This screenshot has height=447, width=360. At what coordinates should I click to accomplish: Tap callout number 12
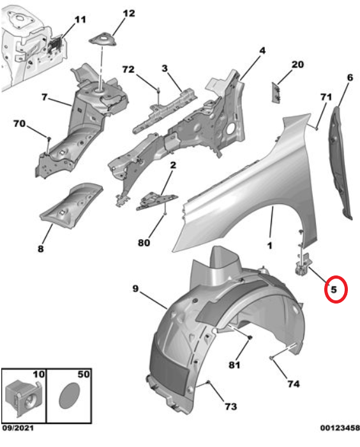coord(129,13)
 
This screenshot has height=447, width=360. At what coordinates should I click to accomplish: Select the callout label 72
coord(128,70)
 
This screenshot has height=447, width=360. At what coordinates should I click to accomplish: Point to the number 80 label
coord(144,242)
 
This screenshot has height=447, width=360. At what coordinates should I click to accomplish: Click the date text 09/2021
coord(18,428)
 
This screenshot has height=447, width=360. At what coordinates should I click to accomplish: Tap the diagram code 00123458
coord(340,428)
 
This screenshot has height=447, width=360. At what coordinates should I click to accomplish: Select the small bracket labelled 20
coord(276,92)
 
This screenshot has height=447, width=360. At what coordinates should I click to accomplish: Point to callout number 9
coord(135,288)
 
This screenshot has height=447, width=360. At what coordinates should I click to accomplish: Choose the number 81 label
coord(234,365)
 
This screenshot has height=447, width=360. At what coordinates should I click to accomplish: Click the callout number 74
coord(294,384)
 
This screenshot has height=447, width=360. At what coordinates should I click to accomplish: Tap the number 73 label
coord(230,406)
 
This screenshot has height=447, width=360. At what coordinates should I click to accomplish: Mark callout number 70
coord(19,124)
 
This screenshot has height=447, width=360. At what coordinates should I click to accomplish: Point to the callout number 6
coord(350,78)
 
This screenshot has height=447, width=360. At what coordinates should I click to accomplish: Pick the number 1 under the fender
coord(269,245)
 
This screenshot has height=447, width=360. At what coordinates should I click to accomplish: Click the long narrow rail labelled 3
coord(165,110)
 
